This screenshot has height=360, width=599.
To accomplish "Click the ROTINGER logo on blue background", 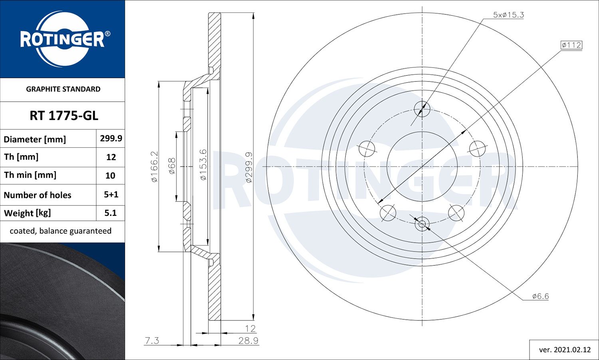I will pyautogui.click(x=63, y=39).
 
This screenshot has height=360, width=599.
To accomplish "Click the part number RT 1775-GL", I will pyautogui.click(x=63, y=116).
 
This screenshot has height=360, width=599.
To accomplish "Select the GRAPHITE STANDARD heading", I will pyautogui.click(x=63, y=89).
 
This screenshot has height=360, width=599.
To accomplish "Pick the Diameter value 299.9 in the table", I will pyautogui.click(x=111, y=138).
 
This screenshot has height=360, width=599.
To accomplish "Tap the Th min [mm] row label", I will pyautogui.click(x=30, y=175).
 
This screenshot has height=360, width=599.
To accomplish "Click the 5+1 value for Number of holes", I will pyautogui.click(x=111, y=194).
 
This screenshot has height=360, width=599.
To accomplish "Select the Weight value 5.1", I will pyautogui.click(x=111, y=213).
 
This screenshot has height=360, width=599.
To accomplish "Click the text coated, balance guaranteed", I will pyautogui.click(x=60, y=231).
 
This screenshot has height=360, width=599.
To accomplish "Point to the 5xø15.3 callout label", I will pyautogui.click(x=508, y=15).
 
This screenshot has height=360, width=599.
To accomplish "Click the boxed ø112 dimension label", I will pyautogui.click(x=571, y=45).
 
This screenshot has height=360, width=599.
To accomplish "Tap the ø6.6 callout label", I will pyautogui.click(x=540, y=296).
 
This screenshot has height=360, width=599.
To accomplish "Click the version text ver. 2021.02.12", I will pyautogui.click(x=564, y=350).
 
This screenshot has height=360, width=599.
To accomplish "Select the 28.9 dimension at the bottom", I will pyautogui.click(x=248, y=340).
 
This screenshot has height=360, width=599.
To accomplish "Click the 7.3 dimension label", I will pyautogui.click(x=152, y=340).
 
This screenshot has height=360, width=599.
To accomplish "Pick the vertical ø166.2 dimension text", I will pyautogui.click(x=155, y=166).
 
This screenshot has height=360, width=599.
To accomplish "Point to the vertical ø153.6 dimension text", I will pyautogui.click(x=203, y=164).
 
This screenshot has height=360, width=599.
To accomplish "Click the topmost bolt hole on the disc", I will pyautogui.click(x=422, y=109).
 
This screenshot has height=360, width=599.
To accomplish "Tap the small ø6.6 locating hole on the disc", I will pyautogui.click(x=422, y=224).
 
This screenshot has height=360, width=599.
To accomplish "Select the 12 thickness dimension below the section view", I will pyautogui.click(x=250, y=328).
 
